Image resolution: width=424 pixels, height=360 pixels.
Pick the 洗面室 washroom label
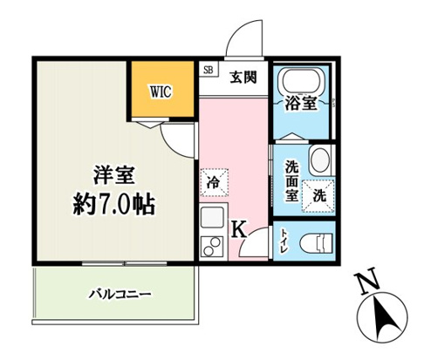(x=287, y=180)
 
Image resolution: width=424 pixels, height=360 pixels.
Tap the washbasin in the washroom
(x=319, y=161)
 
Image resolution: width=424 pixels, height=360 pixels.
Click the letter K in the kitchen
(x=238, y=229)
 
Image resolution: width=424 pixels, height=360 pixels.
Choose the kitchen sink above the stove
(x=212, y=218)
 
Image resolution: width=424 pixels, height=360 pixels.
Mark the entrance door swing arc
(x=236, y=39)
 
